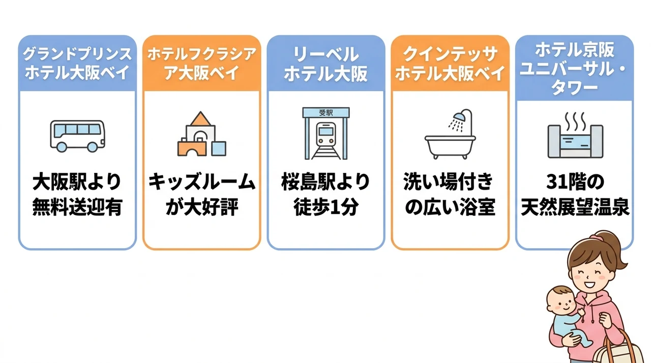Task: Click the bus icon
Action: coord(77,136)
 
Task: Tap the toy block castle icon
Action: coord(202,134)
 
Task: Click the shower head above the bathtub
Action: coord(459,117)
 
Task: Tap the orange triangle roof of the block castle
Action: coord(200,118)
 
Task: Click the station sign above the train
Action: coord(326,113)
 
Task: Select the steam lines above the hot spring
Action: coord(575,122)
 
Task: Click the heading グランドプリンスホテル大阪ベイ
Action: coord(77,64)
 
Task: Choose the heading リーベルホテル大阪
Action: coord(326,64)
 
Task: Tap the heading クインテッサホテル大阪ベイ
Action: coord(450,64)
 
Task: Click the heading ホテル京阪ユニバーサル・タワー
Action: coord(575,69)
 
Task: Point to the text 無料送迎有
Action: coord(77,207)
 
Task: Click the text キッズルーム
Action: coord(202,182)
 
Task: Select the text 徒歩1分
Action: coord(326,207)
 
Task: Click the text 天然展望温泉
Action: coord(575,207)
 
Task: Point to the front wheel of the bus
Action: coord(93,147)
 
